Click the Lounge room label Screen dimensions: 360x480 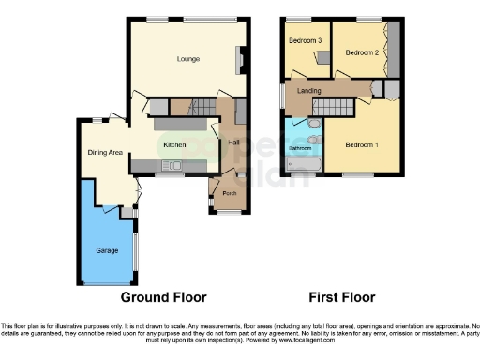coord(188,58)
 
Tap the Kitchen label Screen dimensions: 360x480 coord(175,145)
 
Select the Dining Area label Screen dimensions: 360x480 coord(106,152)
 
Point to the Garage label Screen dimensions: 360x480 coord(106,250)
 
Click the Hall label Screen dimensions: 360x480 coord(232,142)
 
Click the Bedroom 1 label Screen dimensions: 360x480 coord(361,144)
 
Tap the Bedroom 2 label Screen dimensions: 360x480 coord(361,53)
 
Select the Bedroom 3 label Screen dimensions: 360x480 coord(305,41)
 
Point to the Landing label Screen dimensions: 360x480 coord(309,90)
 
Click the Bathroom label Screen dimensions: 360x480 coord(300,148)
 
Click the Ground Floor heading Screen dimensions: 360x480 coord(163,297)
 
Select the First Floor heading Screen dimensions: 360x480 coord(342,297)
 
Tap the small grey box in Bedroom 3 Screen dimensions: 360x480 coord(323,58)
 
